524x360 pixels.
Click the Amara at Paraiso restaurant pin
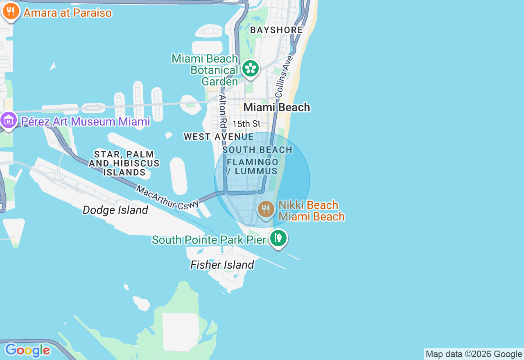coord(11,12)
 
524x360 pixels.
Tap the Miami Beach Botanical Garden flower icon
coord(251,68)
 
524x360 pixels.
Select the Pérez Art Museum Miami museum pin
coord(9,121)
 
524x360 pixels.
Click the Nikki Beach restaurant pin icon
coord(266,210)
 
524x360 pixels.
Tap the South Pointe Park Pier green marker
coord(278,238)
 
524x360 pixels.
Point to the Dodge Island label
coord(115,210)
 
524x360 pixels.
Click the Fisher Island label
coord(222,265)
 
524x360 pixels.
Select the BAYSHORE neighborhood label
coord(277,30)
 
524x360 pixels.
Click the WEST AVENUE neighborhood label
coord(219,137)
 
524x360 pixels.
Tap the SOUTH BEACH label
coord(257,150)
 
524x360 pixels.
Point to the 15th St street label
coord(246,124)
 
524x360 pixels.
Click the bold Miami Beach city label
coord(277,108)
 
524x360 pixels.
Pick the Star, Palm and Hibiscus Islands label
coord(124,163)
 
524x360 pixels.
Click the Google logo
coord(27,350)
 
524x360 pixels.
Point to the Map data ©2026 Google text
coord(474,354)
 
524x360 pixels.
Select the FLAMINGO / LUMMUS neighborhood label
coord(253,166)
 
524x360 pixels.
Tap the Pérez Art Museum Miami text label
coord(86,122)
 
